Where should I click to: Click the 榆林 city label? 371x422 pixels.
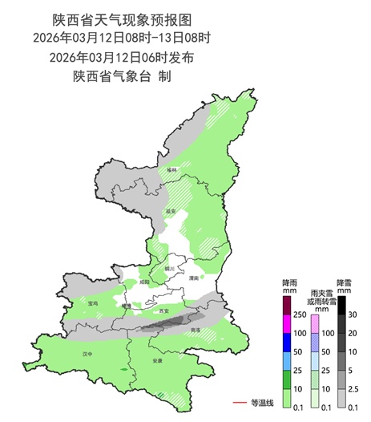click(171, 170)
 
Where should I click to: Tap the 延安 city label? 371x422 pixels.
click(171, 212)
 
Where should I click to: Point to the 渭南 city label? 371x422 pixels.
click(194, 278)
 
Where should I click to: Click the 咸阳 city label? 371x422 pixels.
click(144, 282)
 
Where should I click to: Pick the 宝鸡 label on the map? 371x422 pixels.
click(94, 303)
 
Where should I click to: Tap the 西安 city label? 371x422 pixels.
click(165, 310)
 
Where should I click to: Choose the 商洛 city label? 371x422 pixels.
click(196, 330)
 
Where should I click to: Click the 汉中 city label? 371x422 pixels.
click(88, 353)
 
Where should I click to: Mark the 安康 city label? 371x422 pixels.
click(157, 361)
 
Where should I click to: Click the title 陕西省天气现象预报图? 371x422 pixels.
click(122, 18)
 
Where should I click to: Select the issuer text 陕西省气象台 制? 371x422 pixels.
click(122, 77)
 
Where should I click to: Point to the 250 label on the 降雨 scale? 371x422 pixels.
click(301, 314)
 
